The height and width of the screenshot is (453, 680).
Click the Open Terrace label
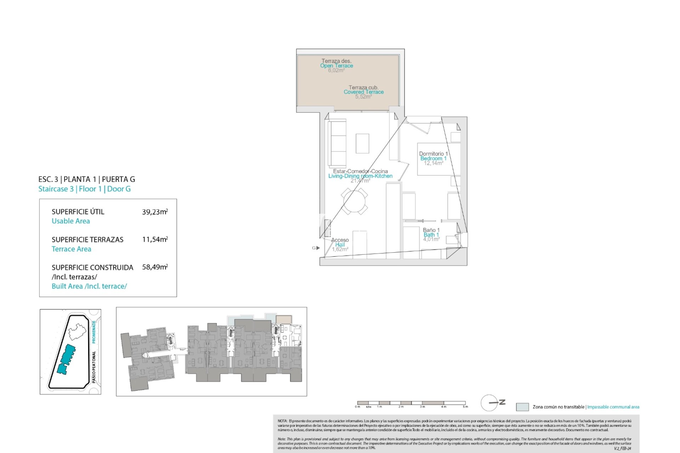pos(336,66)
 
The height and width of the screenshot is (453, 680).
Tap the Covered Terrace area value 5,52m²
pos(363,97)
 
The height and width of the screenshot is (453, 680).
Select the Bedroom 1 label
pos(433,159)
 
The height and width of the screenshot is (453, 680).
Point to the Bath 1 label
pos(431,235)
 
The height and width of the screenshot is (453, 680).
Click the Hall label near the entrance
pos(340,245)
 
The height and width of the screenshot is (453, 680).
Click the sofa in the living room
pos(337,144)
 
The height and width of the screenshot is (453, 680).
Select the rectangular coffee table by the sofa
pos(362,143)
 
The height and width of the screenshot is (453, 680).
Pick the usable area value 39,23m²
pos(155,212)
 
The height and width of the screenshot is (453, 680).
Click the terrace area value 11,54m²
pos(155,240)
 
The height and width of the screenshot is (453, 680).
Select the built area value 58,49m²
pos(155,267)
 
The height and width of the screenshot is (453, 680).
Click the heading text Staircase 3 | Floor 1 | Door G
pos(84,189)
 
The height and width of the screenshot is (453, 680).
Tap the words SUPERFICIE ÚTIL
pos(78,212)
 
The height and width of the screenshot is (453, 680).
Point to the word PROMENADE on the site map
pos(94,332)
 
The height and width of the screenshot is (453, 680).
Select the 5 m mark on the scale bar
pos(465,407)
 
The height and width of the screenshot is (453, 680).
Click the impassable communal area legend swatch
pos(522,407)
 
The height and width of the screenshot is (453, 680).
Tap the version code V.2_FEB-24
pos(622,448)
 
